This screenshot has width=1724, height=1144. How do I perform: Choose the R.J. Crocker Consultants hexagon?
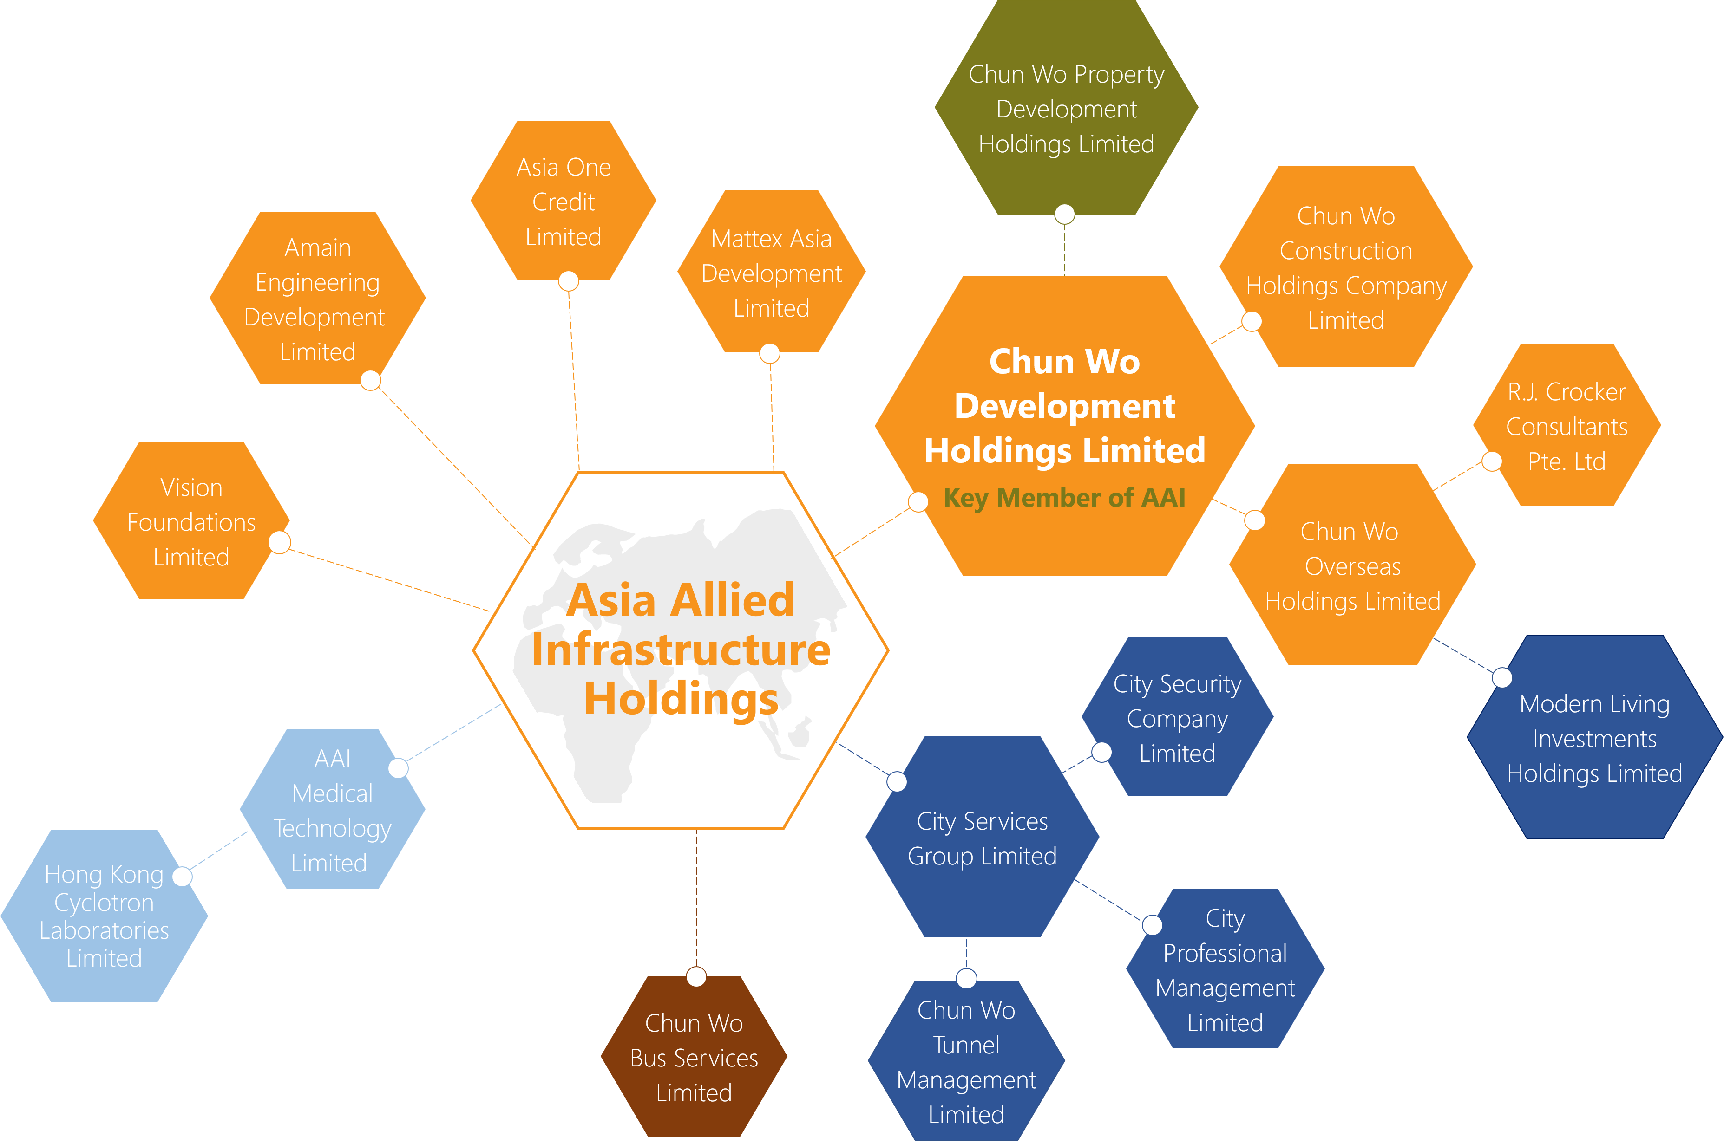[x=1567, y=426]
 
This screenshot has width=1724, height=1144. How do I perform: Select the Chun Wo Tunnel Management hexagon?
[x=966, y=1061]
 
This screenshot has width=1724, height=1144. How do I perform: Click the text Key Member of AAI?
[x=1064, y=498]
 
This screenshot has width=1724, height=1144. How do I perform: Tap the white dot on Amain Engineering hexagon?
[x=371, y=380]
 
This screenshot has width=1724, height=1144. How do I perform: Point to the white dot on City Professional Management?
[x=1152, y=925]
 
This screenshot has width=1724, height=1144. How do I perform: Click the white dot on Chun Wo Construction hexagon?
[x=1252, y=321]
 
